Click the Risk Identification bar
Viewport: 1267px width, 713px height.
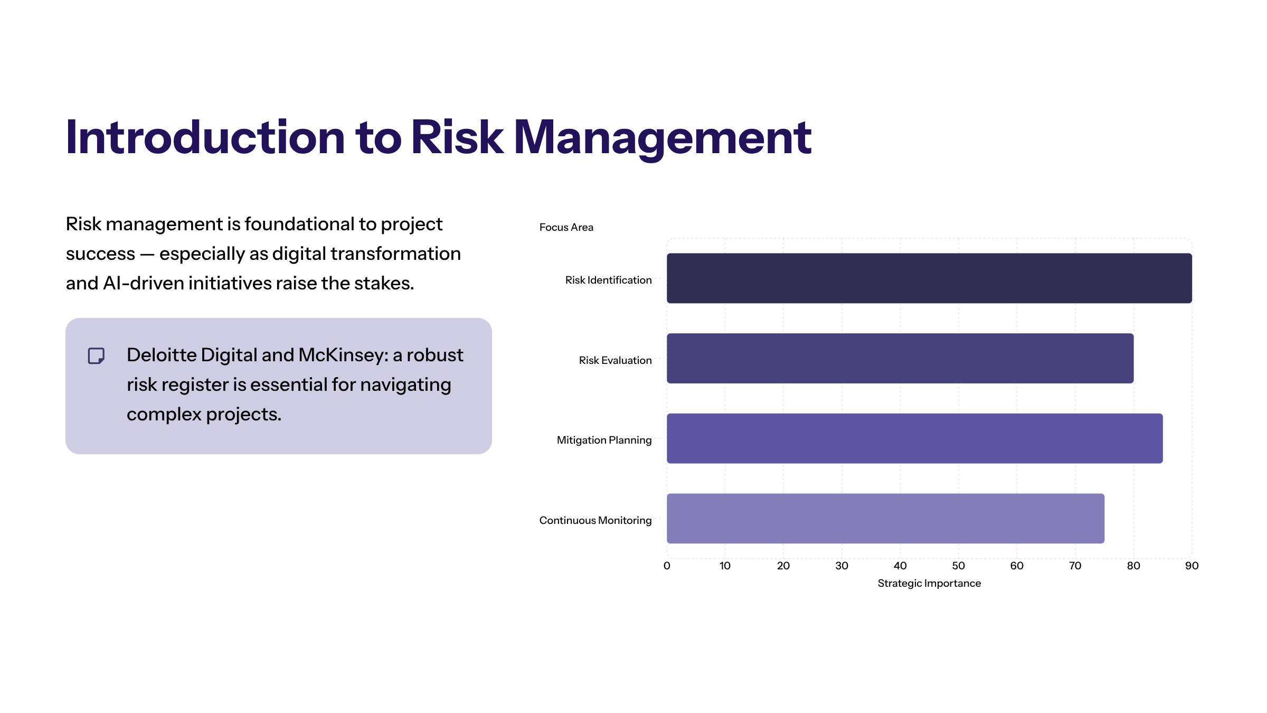(x=929, y=278)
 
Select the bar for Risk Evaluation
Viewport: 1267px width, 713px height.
(x=900, y=358)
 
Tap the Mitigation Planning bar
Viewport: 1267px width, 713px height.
(x=915, y=438)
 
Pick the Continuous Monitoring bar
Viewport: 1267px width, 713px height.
(x=885, y=519)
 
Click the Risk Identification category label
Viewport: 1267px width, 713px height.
(x=608, y=280)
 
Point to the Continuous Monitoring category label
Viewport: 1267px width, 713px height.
(x=595, y=520)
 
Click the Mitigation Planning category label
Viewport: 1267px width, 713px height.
(x=604, y=440)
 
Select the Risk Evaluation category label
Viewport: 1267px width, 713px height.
(x=615, y=360)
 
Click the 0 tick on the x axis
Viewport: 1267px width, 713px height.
(x=667, y=566)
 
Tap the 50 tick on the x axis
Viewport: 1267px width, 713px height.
(x=958, y=566)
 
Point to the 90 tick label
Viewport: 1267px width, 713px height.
(x=1192, y=566)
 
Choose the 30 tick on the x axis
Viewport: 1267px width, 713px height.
(x=841, y=566)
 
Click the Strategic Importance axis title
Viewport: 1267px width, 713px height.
(x=929, y=584)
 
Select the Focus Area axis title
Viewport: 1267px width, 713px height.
(x=566, y=227)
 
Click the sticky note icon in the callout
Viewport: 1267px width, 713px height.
(x=96, y=356)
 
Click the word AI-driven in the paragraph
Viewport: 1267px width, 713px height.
(x=144, y=283)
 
